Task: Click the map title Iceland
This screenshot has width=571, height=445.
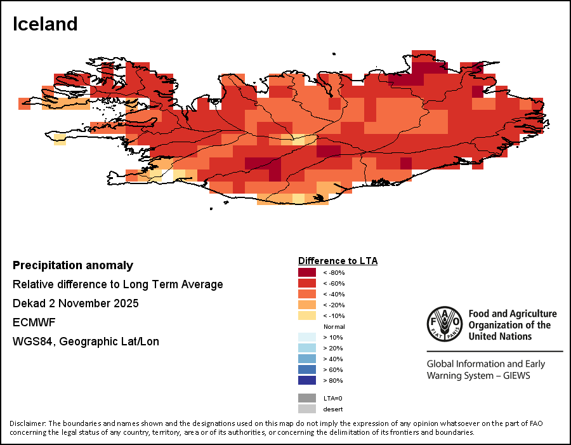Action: click(x=45, y=24)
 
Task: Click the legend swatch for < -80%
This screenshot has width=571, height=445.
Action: click(x=307, y=272)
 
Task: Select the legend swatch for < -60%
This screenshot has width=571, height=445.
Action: click(x=307, y=283)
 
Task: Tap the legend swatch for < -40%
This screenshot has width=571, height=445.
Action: click(x=307, y=294)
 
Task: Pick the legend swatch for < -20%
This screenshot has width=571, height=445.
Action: click(x=307, y=305)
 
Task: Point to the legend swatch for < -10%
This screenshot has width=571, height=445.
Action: click(x=307, y=315)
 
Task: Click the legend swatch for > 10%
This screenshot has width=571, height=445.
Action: click(x=307, y=337)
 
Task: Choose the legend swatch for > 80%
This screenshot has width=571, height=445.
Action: click(x=307, y=380)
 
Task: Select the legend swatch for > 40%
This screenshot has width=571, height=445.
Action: click(x=307, y=359)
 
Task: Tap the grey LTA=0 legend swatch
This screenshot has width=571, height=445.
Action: click(x=307, y=398)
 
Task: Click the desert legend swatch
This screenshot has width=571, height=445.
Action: click(x=307, y=409)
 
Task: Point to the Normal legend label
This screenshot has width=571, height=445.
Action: click(x=334, y=326)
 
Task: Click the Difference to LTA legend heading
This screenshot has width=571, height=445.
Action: click(x=338, y=261)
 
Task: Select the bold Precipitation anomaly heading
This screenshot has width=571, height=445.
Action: click(x=73, y=265)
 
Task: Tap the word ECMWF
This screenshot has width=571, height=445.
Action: click(x=30, y=322)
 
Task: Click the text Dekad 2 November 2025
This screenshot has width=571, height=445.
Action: click(x=75, y=303)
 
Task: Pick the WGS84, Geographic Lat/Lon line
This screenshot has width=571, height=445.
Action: click(x=86, y=342)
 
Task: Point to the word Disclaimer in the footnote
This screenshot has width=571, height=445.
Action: click(x=27, y=423)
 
